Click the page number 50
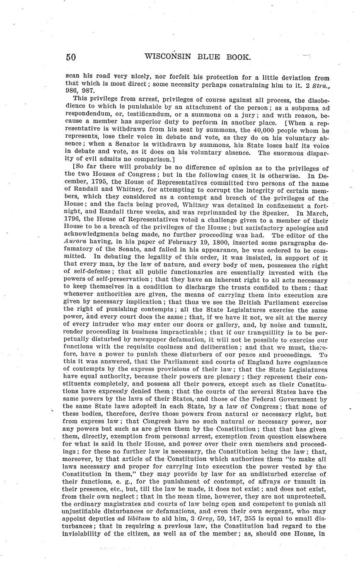pyautogui.click(x=70, y=57)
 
